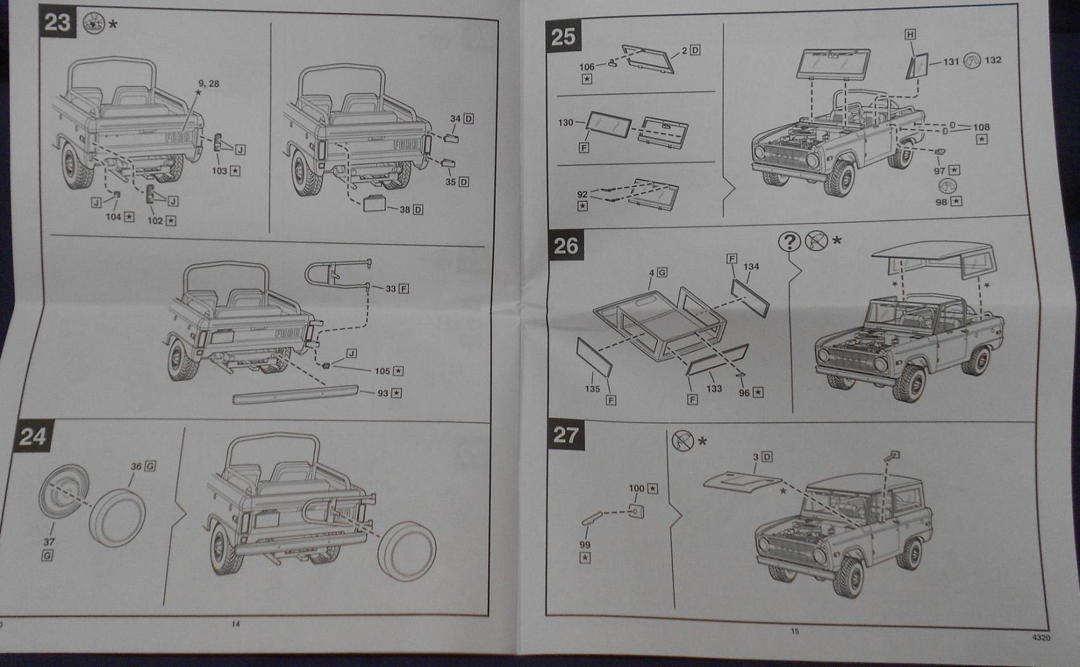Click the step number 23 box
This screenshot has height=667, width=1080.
(x=57, y=22)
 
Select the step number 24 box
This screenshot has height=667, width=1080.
(x=32, y=437)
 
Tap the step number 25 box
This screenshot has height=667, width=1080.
(x=563, y=36)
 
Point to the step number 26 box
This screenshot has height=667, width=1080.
(x=565, y=246)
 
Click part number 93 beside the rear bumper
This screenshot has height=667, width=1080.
(x=383, y=393)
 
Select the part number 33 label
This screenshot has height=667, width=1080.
(x=390, y=288)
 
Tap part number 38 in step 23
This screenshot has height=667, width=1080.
(x=404, y=209)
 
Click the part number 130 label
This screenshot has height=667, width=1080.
(x=566, y=123)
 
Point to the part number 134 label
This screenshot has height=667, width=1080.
(x=751, y=267)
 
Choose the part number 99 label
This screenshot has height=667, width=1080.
(x=585, y=545)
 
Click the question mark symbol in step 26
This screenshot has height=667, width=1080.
(x=789, y=241)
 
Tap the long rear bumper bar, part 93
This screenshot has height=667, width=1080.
(x=295, y=394)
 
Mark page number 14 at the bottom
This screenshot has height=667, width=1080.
(x=235, y=624)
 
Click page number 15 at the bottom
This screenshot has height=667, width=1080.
(x=795, y=631)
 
